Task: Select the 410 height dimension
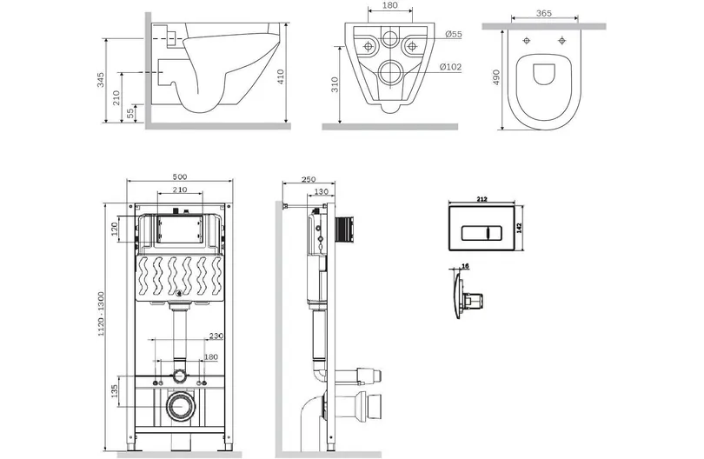pos(281,80)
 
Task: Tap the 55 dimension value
pos(130,112)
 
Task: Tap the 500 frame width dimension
pos(180,176)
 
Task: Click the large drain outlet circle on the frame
pos(181,406)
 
